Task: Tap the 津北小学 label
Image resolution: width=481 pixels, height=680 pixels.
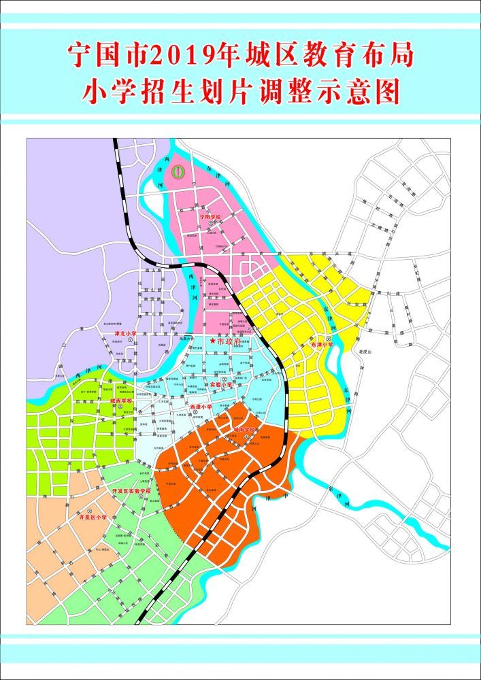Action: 125,334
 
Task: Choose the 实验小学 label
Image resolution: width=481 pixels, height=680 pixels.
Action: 221,384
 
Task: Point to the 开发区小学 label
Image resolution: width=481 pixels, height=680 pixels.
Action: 93,517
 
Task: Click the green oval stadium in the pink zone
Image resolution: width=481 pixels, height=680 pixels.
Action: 178,173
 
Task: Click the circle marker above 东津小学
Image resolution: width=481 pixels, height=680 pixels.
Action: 329,338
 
